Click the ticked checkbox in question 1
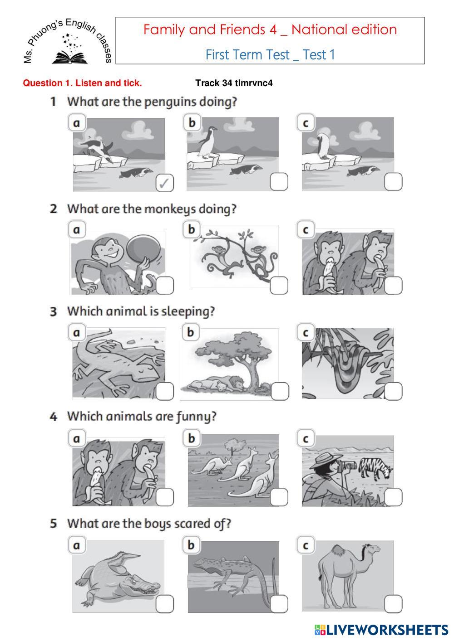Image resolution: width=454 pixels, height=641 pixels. click(x=165, y=183)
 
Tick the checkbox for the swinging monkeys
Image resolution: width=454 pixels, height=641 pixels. click(x=279, y=285)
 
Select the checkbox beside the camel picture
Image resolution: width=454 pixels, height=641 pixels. click(x=393, y=604)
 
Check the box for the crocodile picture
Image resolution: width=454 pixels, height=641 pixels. click(x=165, y=604)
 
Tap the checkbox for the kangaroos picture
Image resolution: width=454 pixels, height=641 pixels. click(x=279, y=497)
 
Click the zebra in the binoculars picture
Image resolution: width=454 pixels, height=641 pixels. click(x=375, y=469)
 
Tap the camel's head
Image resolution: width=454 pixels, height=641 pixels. click(x=372, y=549)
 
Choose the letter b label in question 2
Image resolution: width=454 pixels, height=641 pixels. click(x=192, y=229)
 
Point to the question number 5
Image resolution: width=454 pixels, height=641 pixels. click(x=54, y=524)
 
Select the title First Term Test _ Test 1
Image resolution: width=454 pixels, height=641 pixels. click(x=270, y=55)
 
